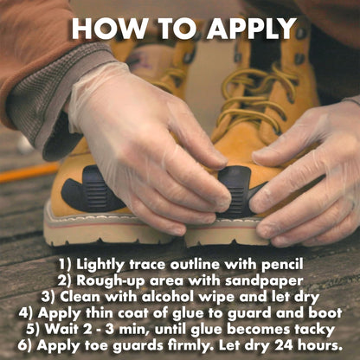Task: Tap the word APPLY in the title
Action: pos(252,29)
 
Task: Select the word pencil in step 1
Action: pos(282,265)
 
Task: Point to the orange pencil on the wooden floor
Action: pos(29,172)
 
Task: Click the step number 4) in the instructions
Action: pos(27,313)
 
